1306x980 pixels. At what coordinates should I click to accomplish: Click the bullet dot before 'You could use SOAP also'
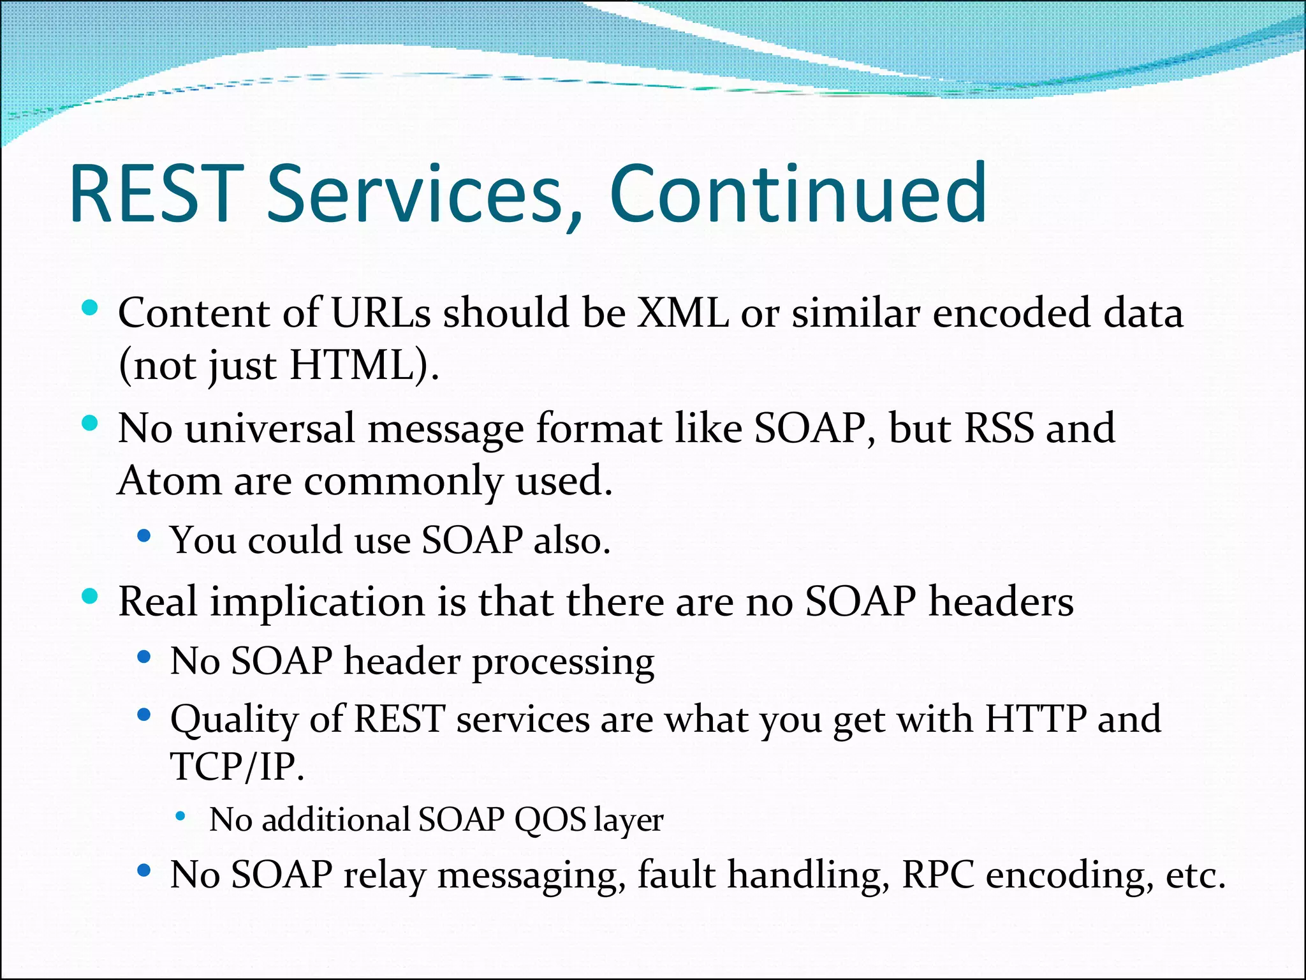click(144, 537)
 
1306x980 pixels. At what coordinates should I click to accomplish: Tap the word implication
click(318, 602)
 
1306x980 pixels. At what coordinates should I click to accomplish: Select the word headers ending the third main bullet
click(1001, 601)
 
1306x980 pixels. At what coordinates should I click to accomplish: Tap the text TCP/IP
click(237, 766)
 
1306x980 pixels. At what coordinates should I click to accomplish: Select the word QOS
click(550, 819)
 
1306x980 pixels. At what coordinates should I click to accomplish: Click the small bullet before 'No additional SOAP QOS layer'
click(181, 816)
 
